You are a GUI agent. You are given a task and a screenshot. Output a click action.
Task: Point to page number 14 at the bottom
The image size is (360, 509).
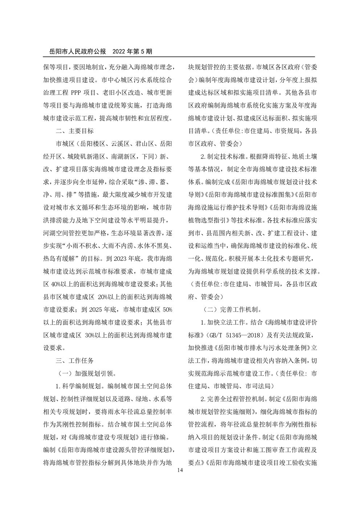coord(180,470)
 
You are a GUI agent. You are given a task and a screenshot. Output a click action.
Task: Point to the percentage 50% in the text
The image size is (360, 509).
coord(167,309)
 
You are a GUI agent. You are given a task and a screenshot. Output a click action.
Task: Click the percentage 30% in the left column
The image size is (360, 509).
coord(90,335)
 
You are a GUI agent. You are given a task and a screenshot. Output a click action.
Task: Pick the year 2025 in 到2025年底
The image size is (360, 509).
coord(96,309)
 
